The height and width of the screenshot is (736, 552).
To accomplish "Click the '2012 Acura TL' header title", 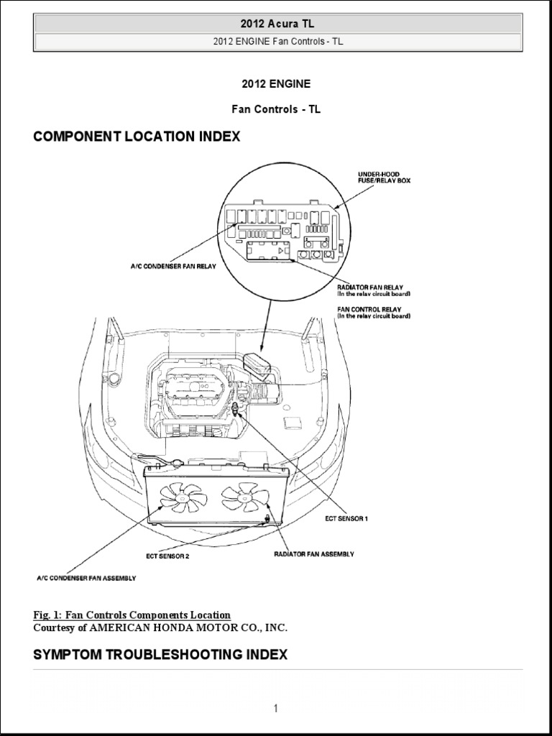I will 277,24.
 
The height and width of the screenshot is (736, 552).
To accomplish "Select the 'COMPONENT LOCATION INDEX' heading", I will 137,137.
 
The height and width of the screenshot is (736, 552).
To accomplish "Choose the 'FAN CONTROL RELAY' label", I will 363,309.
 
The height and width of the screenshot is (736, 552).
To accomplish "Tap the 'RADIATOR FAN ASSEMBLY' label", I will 313,554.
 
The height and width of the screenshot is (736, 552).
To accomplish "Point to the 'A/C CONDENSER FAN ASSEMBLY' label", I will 86,577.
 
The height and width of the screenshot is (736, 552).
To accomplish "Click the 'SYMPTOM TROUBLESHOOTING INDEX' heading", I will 160,655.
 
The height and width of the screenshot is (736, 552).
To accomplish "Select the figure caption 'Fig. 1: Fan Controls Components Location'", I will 132,615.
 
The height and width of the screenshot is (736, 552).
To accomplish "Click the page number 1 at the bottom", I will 275,709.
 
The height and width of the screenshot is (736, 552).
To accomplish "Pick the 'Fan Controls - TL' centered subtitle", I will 276,110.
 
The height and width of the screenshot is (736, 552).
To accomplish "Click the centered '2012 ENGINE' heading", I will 276,84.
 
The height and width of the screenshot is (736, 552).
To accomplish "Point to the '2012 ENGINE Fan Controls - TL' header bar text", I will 277,41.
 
